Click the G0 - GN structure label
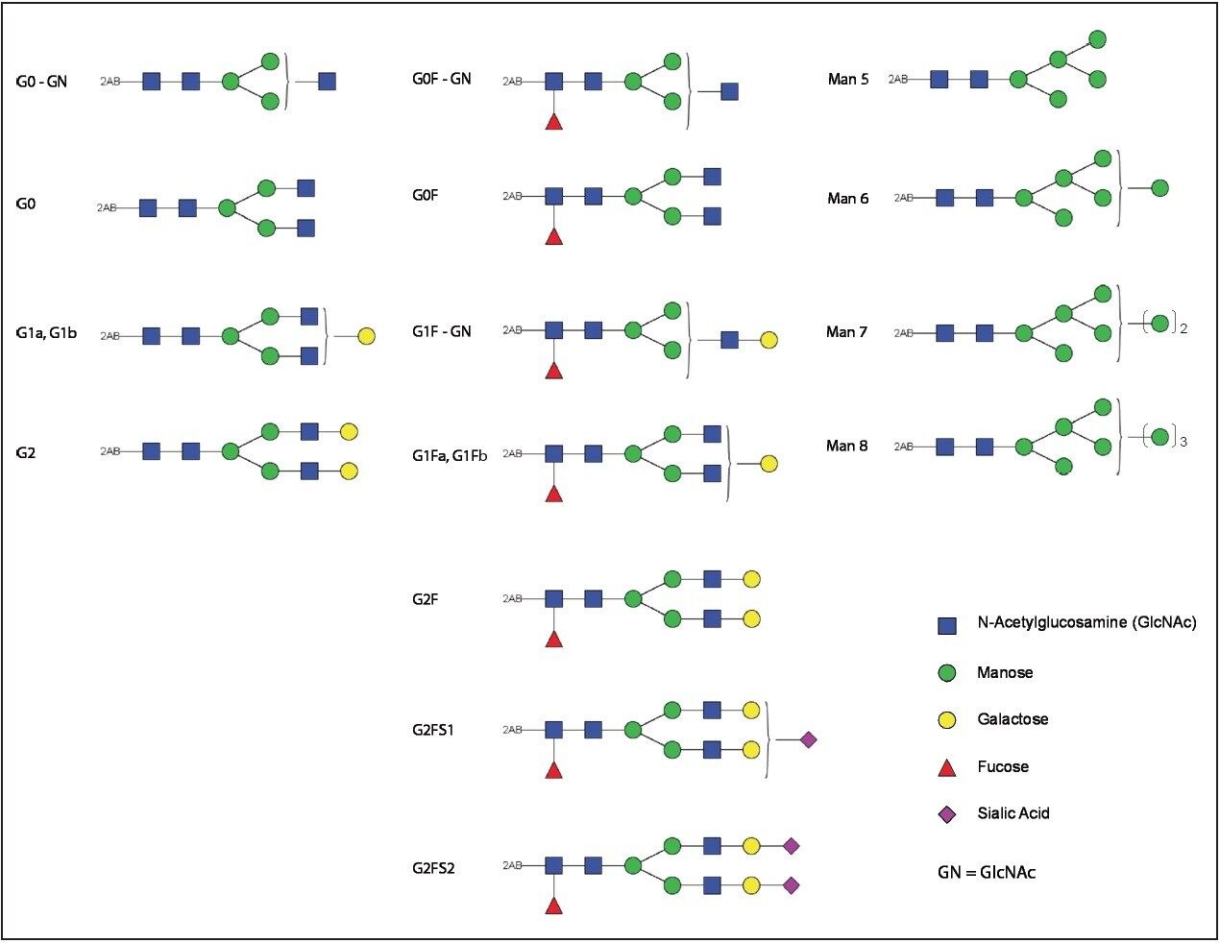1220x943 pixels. click(x=42, y=82)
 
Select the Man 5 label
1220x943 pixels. click(x=848, y=80)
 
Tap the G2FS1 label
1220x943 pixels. click(x=433, y=730)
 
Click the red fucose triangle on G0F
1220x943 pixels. click(x=553, y=236)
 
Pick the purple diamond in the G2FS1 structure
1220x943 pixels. click(x=808, y=739)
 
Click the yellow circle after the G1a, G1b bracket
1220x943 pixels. click(x=366, y=337)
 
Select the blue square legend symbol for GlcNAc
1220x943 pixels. click(x=947, y=626)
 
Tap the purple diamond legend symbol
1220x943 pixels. click(x=947, y=814)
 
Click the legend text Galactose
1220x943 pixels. click(x=1013, y=719)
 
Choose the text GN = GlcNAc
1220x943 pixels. click(x=987, y=873)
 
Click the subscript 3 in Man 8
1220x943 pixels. click(x=1183, y=442)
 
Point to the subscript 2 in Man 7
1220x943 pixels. click(x=1183, y=329)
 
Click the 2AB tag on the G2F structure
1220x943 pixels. click(x=512, y=599)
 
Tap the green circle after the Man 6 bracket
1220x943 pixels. click(x=1159, y=188)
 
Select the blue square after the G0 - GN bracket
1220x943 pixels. click(x=327, y=82)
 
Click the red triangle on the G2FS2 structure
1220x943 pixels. click(x=553, y=905)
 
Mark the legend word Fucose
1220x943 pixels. click(x=1003, y=766)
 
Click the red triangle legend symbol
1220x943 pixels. click(x=947, y=767)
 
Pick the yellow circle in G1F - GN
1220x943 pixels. click(x=769, y=340)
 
